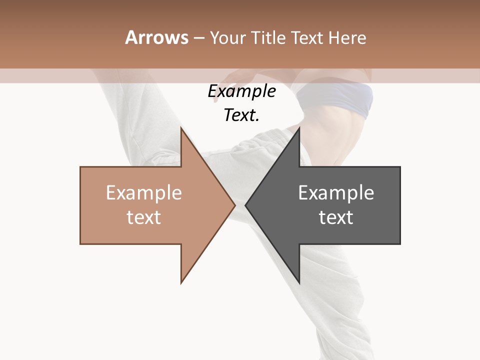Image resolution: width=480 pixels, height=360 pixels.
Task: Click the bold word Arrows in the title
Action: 156,38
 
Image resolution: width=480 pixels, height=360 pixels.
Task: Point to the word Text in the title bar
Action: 307,38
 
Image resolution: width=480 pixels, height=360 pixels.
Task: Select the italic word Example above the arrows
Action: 241,91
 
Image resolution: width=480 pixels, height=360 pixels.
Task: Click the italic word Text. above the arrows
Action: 241,115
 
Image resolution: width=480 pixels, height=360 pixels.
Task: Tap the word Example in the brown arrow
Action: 144,193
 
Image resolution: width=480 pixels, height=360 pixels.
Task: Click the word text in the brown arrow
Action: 144,217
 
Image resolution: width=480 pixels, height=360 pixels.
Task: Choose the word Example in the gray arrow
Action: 336,193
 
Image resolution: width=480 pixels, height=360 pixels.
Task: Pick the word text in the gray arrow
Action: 336,217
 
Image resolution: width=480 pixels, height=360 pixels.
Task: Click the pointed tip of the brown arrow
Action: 234,205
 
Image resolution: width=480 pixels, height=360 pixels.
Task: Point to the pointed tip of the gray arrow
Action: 245,205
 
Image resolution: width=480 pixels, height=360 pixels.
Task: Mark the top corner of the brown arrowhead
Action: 181,128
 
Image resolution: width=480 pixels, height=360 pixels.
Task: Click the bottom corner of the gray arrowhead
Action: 299,282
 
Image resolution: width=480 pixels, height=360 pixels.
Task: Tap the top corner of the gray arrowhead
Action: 299,128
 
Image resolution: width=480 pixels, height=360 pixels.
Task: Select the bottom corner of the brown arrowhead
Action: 181,282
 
